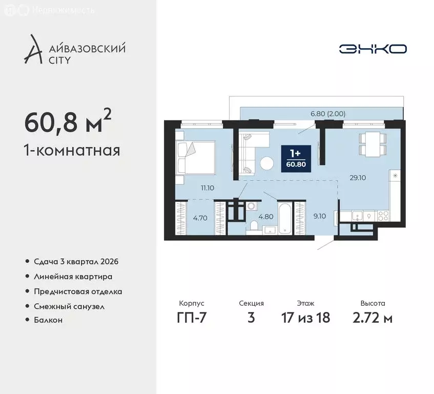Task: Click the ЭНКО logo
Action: tap(373, 49)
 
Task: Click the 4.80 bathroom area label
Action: tap(265, 216)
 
